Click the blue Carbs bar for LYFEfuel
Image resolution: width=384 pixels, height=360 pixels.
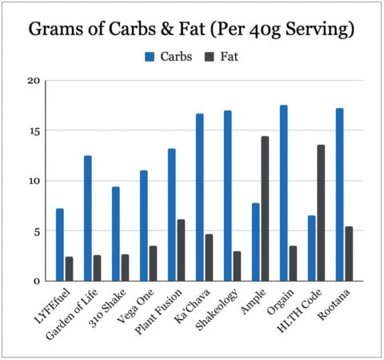point(59,245)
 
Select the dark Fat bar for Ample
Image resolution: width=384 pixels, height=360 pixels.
point(265,209)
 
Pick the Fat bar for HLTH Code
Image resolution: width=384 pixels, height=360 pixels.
point(321,213)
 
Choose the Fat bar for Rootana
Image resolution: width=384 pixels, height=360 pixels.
point(349,254)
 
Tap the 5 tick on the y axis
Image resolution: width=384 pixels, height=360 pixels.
point(36,231)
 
